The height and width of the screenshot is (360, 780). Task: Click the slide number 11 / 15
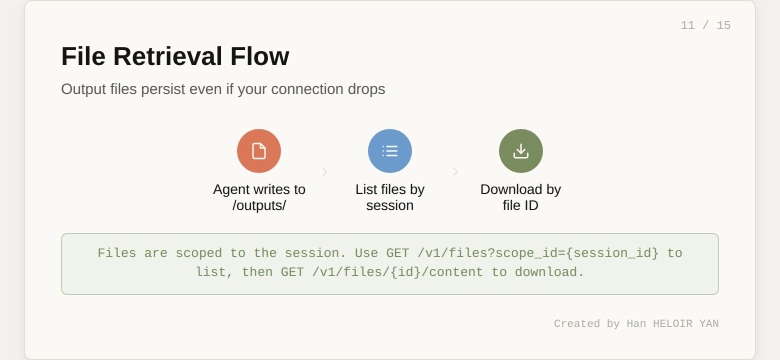tap(705, 25)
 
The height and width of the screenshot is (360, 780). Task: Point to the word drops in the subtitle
tap(367, 89)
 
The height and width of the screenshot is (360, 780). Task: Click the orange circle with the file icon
tap(259, 151)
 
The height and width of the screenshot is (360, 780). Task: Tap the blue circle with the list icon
tap(390, 151)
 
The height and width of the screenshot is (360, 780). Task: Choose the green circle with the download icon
tap(521, 151)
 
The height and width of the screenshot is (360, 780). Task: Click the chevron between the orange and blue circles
tap(324, 171)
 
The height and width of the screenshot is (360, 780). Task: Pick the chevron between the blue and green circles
tap(455, 171)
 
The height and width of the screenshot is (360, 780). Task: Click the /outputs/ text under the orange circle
tap(259, 205)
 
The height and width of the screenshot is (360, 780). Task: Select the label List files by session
tap(390, 197)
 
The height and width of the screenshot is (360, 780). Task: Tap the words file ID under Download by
tap(520, 205)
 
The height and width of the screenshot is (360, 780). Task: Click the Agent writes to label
tap(259, 189)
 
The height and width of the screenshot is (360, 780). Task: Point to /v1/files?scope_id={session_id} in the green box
tap(537, 253)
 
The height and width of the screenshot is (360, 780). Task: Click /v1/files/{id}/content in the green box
tap(397, 272)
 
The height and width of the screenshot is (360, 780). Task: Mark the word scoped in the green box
tap(198, 253)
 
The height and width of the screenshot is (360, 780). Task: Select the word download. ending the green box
tap(549, 272)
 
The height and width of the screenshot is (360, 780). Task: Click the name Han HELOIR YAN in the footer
tap(672, 323)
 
